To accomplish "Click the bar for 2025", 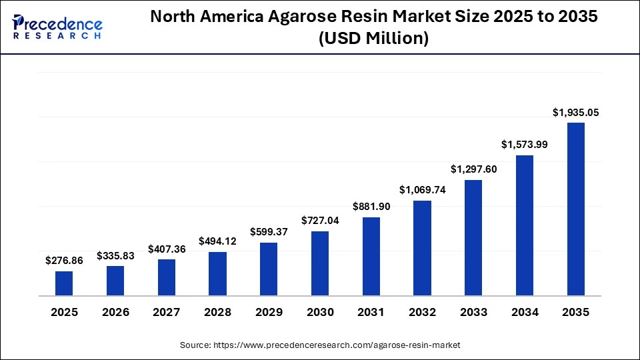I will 64,283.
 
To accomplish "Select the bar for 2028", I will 217,273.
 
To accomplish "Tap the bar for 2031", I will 371,256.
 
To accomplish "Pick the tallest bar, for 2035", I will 576,209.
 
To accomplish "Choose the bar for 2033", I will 473,237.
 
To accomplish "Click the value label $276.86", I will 64,261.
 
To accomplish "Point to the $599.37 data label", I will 269,232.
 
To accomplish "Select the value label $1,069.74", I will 422,190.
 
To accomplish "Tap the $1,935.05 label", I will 576,113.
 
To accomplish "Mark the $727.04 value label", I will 320,221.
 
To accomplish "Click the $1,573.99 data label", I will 525,145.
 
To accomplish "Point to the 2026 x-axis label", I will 115,312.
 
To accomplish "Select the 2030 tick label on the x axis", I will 320,312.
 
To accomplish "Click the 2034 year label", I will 525,312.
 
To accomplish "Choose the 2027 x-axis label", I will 167,312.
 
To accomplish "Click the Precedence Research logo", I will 57,27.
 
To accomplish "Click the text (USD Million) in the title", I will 373,39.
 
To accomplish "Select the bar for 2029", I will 269,269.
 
